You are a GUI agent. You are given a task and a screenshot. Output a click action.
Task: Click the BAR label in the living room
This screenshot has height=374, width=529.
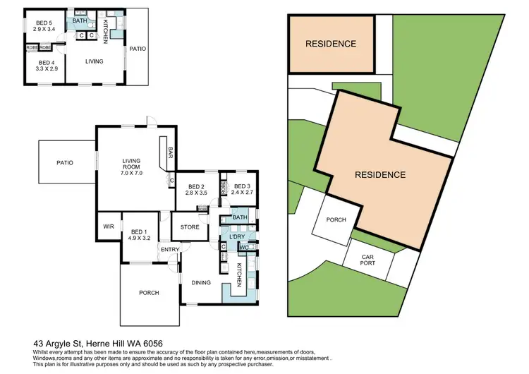pos(171,152)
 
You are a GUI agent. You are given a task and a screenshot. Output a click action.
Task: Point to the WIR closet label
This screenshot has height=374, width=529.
pos(108,227)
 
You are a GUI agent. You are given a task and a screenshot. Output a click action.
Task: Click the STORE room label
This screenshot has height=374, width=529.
pos(190,227)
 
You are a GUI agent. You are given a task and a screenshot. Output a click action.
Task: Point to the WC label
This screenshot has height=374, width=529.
pos(242,247)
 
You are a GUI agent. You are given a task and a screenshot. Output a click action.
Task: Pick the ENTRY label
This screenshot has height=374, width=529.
pos(169,249)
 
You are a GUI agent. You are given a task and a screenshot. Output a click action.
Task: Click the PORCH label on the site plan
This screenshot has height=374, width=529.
pos(336,220)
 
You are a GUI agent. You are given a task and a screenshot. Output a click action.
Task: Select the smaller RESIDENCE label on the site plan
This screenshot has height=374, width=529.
pos(330,44)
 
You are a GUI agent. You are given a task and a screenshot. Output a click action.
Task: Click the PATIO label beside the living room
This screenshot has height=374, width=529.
pos(65,163)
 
